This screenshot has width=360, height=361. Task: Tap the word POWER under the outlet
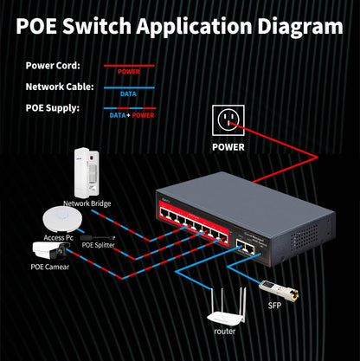coord(228,146)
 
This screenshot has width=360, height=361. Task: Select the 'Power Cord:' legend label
coord(54,65)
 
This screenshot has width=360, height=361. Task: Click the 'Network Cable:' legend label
coord(60,87)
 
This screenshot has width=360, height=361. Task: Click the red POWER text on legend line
coord(128,72)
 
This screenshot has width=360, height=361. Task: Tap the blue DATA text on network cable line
coord(128,93)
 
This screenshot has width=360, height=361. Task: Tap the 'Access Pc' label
coord(58,236)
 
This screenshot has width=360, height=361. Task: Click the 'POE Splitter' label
coord(98,245)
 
